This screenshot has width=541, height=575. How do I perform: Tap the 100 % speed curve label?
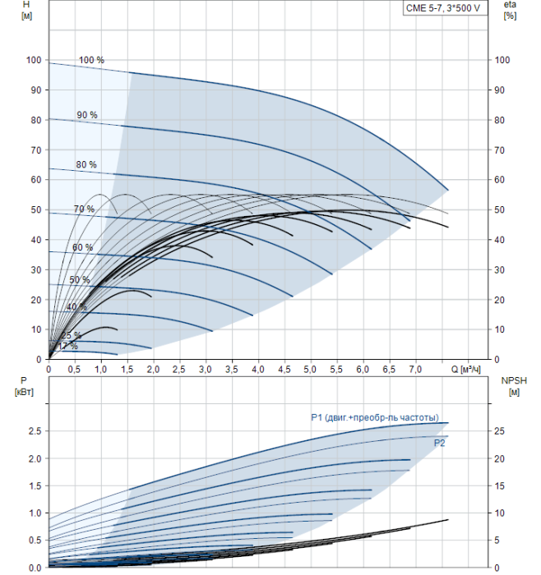coord(91,61)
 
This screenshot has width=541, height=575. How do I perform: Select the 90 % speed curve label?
coord(87,115)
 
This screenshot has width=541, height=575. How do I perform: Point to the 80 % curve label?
coord(86,165)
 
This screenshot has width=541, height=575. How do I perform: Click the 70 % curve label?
coord(84,209)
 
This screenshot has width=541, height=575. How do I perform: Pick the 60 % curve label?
coord(82,248)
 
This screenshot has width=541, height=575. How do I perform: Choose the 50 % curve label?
coord(80,280)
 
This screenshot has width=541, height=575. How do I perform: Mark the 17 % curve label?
coord(68,346)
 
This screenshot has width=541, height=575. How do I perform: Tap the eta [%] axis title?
coord(510,10)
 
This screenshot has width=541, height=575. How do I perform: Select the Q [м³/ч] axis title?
coord(465,370)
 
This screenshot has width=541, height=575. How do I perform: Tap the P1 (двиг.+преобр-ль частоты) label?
coord(374,417)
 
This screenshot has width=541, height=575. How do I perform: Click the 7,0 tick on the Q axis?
coord(416,370)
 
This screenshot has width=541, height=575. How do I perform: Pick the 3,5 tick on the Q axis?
coord(232,370)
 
